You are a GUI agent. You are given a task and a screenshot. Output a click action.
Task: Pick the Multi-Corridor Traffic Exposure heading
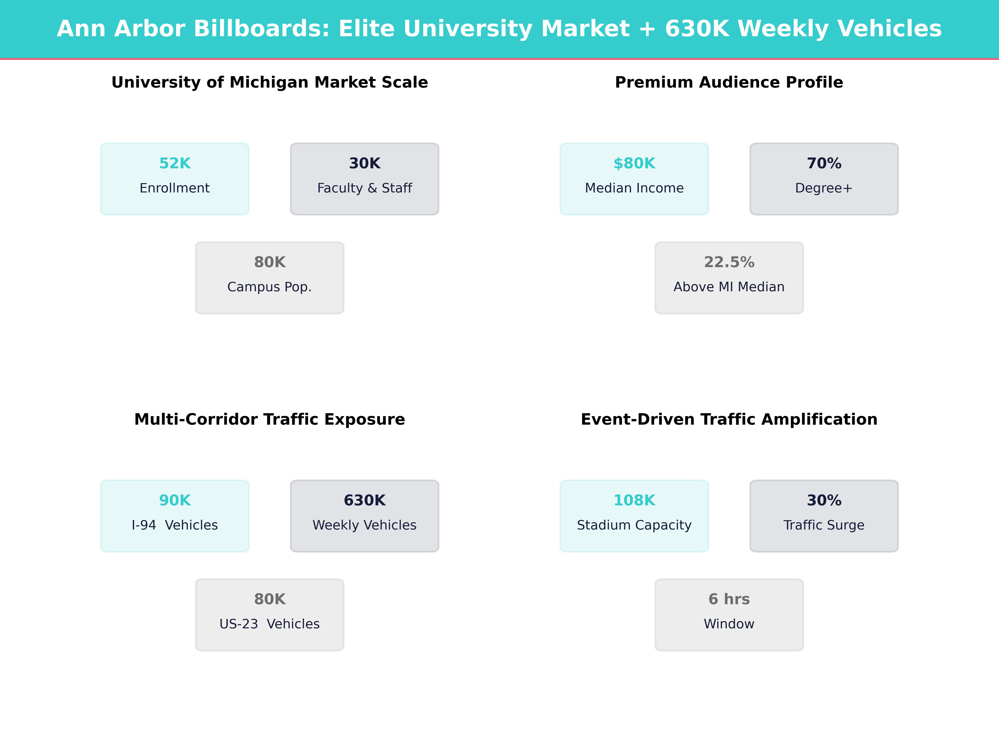coord(270,419)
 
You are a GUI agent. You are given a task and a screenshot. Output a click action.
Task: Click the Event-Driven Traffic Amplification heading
coord(729,419)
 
